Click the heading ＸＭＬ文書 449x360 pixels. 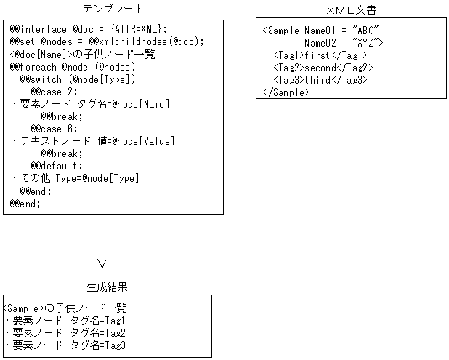(x=352, y=10)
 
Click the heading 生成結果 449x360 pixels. (x=107, y=287)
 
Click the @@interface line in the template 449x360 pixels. (x=89, y=29)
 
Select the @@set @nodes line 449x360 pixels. (x=107, y=41)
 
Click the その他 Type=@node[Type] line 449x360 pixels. (x=76, y=178)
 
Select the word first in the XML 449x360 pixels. (x=321, y=55)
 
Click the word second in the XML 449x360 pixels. (x=324, y=67)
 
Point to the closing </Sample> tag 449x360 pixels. (x=286, y=92)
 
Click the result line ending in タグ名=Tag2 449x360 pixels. (x=65, y=332)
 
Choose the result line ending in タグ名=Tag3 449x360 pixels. (x=65, y=345)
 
